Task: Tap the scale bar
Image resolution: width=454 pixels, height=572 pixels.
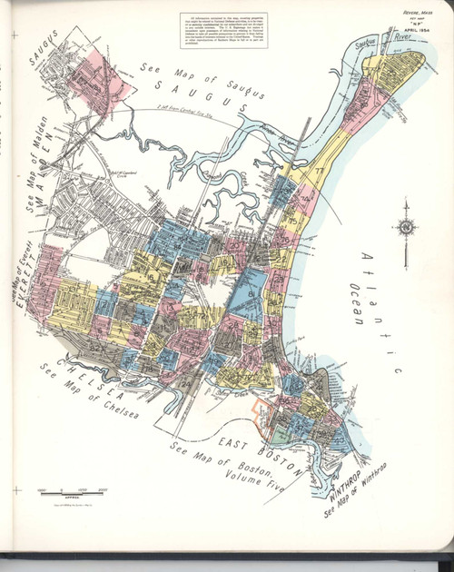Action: tap(72, 490)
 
